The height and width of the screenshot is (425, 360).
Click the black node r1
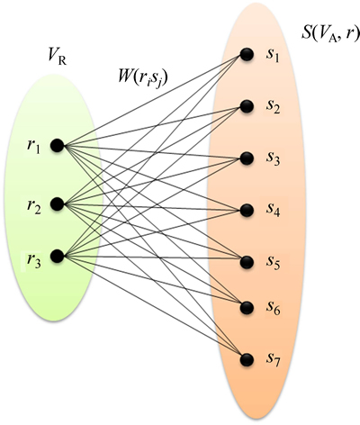[x=58, y=146]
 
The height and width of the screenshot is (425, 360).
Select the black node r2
[x=58, y=204]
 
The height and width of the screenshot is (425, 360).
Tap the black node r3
[x=58, y=257]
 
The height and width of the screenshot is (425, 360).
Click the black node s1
[x=247, y=55]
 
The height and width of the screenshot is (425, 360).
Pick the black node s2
[x=247, y=106]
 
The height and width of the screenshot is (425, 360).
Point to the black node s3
[x=247, y=158]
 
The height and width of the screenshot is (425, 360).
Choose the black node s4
[x=247, y=210]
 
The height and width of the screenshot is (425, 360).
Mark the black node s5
[x=247, y=262]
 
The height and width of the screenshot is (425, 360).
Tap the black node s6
[x=247, y=308]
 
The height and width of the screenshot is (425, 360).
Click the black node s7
[x=247, y=359]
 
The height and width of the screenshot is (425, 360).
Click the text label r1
[x=33, y=147]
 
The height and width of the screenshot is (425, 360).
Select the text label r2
[x=33, y=206]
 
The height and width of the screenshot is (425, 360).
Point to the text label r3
[x=33, y=260]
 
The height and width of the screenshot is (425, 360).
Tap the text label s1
[x=273, y=56]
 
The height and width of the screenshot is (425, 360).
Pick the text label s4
[x=273, y=210]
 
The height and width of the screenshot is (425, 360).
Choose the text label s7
[x=273, y=359]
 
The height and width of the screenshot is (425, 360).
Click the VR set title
[x=58, y=57]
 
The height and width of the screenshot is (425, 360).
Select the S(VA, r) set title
[x=330, y=34]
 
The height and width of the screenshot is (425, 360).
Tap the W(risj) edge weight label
[x=142, y=78]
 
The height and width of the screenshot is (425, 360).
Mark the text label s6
[x=273, y=308]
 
